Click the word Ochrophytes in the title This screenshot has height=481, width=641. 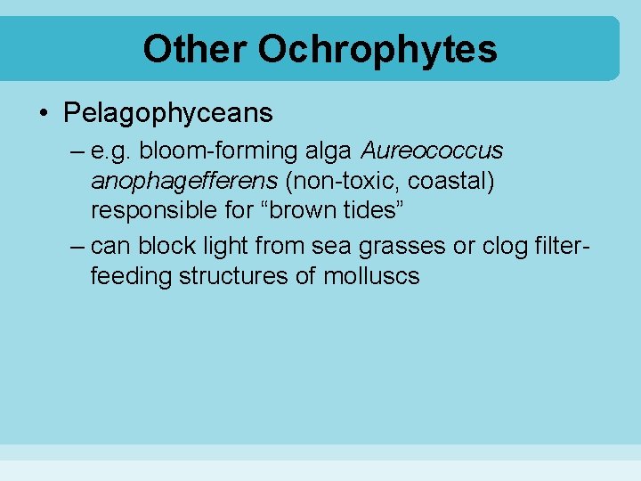[x=377, y=49]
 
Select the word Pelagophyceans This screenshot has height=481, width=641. [x=168, y=113]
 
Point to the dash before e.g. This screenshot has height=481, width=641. [x=76, y=152]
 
